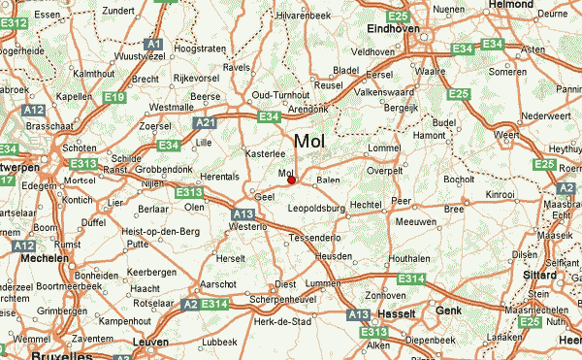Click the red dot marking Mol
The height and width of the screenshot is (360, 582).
tap(291, 180)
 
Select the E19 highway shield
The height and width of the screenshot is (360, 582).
tap(114, 97)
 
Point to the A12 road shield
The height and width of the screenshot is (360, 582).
tap(23, 247)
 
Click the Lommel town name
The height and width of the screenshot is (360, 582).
tap(384, 147)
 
